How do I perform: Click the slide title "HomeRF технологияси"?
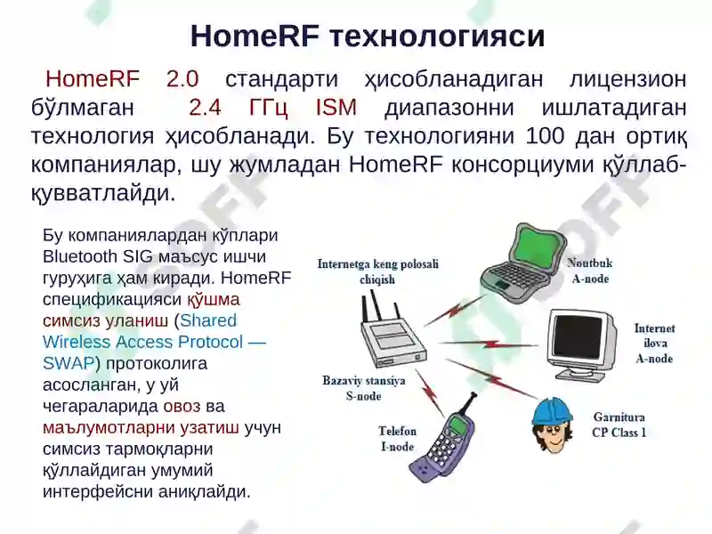[x=368, y=36]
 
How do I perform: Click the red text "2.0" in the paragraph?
[x=182, y=78]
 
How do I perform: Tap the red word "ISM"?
[x=336, y=108]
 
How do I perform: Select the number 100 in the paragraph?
[x=545, y=137]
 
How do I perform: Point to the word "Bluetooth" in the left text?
[x=81, y=256]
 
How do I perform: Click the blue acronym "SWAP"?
[x=69, y=363]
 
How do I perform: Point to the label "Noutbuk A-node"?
[x=590, y=271]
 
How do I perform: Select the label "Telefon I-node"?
[x=397, y=439]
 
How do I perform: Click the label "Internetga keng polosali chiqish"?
[x=377, y=271]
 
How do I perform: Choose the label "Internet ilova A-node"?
[x=654, y=344]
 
